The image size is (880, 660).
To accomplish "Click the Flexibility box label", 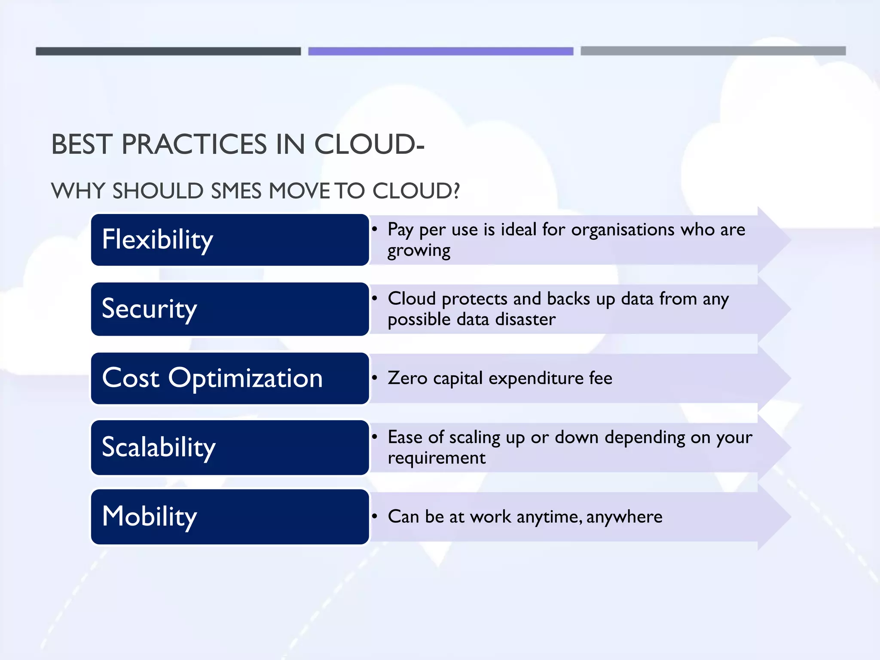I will [x=157, y=240].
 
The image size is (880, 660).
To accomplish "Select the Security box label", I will [x=149, y=309].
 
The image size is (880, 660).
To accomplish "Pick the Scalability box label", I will [x=159, y=447].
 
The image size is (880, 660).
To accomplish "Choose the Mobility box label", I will [x=149, y=516].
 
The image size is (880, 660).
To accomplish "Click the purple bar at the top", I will [x=440, y=51].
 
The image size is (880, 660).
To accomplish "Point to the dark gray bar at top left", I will [x=168, y=51].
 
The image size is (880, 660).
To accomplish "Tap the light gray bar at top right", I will [x=713, y=51].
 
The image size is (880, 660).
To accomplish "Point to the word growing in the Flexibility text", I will [x=419, y=251].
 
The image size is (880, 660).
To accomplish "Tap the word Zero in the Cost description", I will [x=407, y=378].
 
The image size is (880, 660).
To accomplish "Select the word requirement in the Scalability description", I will [x=436, y=458].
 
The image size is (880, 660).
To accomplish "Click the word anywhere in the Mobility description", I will [x=624, y=516].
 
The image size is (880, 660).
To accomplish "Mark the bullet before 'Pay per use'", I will [x=375, y=229].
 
